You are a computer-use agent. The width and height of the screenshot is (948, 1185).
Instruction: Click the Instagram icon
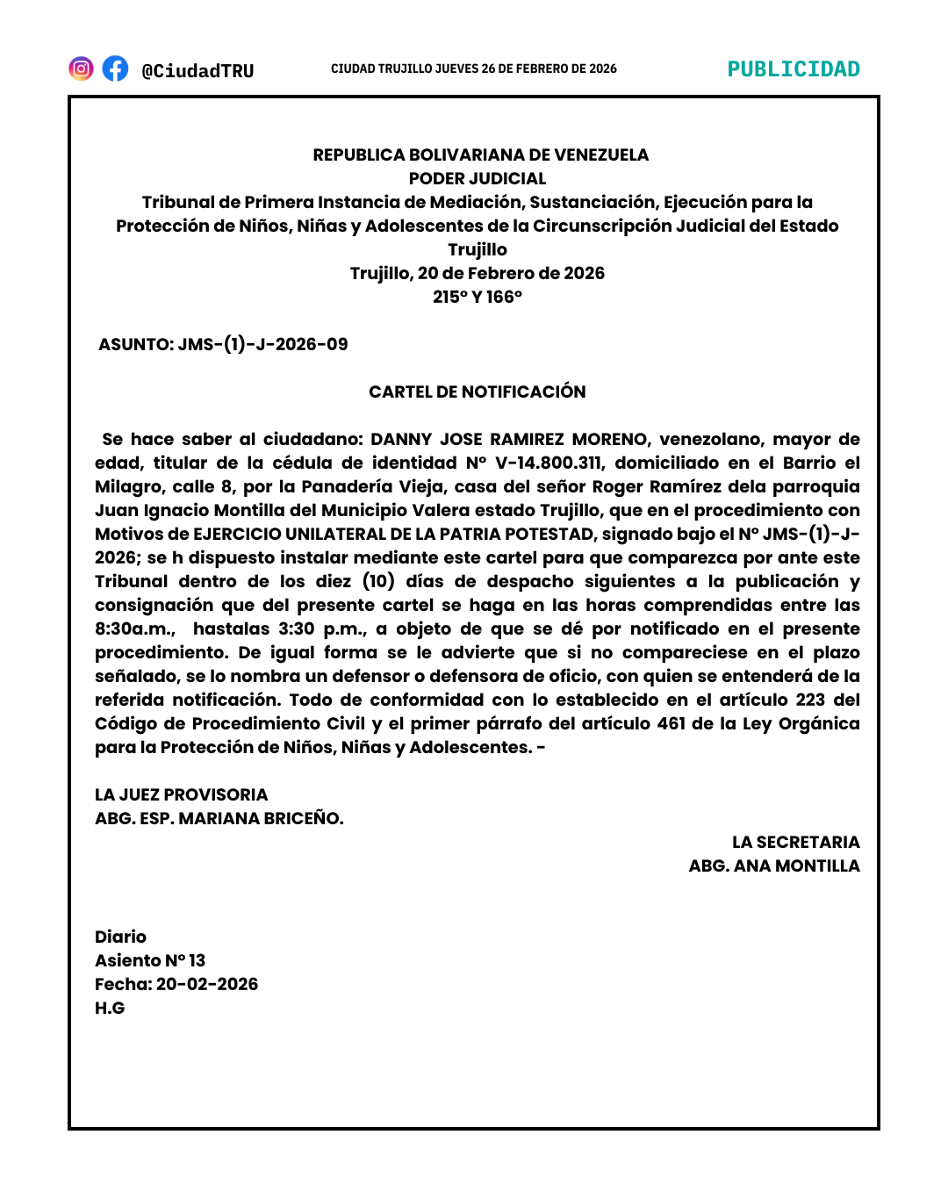click(81, 68)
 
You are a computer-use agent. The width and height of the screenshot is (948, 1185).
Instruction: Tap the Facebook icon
click(115, 68)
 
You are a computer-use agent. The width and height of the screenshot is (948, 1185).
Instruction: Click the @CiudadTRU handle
click(197, 71)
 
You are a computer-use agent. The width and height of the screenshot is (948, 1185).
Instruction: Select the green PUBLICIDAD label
click(794, 69)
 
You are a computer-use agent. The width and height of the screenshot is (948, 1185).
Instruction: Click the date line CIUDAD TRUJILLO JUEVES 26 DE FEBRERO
click(473, 68)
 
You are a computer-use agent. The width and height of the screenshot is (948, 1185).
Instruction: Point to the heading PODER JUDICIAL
click(478, 178)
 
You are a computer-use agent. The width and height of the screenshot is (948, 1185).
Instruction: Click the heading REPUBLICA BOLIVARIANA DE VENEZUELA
click(480, 154)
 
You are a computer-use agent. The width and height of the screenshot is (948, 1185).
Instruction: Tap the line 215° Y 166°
click(478, 297)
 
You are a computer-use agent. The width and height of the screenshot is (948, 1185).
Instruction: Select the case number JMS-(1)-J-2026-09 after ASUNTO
click(262, 344)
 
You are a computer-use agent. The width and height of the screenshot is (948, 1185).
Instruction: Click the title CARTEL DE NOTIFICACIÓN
click(478, 391)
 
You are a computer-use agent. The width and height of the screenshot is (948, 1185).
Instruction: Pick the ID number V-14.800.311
click(549, 463)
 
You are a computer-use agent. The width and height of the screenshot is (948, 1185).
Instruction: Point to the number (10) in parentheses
click(378, 581)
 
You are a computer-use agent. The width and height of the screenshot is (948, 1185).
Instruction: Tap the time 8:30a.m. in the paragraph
click(134, 628)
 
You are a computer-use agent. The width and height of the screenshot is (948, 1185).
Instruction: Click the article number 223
click(810, 700)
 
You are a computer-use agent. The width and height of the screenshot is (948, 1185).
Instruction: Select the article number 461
click(671, 723)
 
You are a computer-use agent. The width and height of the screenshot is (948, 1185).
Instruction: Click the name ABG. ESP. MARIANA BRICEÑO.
click(219, 818)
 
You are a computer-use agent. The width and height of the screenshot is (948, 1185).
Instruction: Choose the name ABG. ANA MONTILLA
click(774, 865)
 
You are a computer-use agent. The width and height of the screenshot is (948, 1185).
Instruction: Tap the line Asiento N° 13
click(150, 960)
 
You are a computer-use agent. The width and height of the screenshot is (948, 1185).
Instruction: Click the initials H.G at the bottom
click(110, 1008)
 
